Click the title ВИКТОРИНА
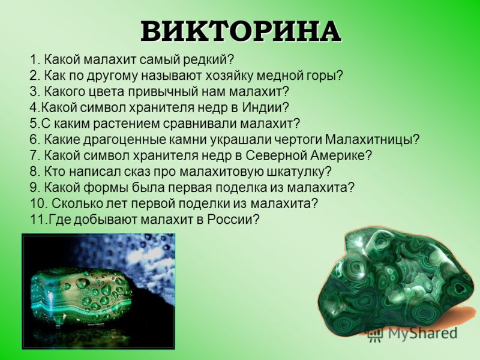point(241,32)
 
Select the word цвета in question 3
point(105,92)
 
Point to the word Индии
point(265,107)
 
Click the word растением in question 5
point(126,124)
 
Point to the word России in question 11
point(233,219)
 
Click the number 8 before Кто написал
point(34,172)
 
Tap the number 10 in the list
point(37,203)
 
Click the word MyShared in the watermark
point(423,333)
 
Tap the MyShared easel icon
point(376,334)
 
